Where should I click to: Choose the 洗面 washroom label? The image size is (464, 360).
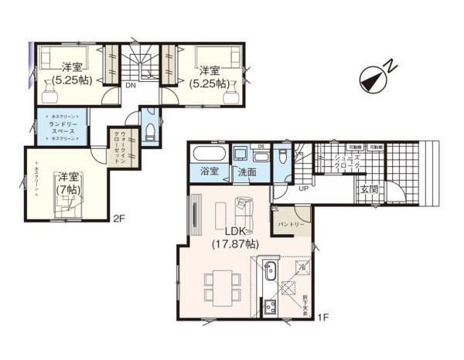coord(247,172)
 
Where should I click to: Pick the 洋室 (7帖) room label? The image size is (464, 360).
coord(67,184)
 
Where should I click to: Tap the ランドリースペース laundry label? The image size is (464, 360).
coord(63,128)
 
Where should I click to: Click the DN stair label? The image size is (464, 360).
coord(131,86)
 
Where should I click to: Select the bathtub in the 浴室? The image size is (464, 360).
coord(207,151)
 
